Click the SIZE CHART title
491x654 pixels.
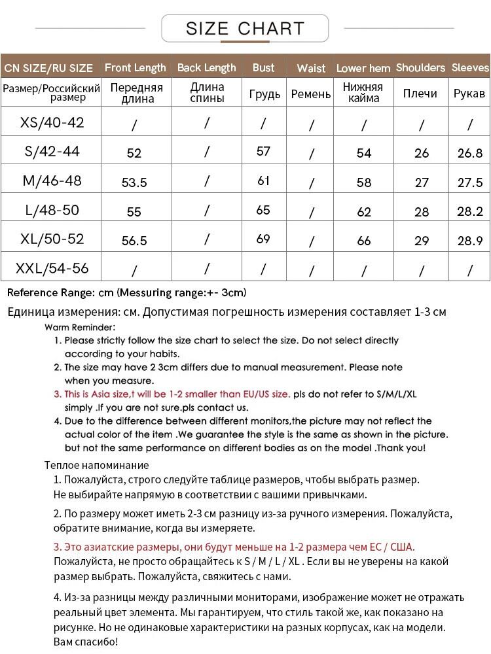pyautogui.click(x=245, y=29)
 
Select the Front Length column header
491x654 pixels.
pyautogui.click(x=136, y=67)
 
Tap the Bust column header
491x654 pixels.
pyautogui.click(x=263, y=67)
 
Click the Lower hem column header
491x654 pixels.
pyautogui.click(x=363, y=68)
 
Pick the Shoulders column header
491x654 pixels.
pyautogui.click(x=420, y=67)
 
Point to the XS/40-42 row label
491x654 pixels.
pyautogui.click(x=52, y=122)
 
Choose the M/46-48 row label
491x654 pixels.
pyautogui.click(x=52, y=181)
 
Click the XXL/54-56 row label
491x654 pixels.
pyautogui.click(x=52, y=268)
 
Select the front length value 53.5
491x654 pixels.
pyautogui.click(x=134, y=182)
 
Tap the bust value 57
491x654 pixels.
pyautogui.click(x=263, y=151)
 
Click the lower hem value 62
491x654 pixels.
pyautogui.click(x=364, y=211)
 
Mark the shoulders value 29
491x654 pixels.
pyautogui.click(x=422, y=240)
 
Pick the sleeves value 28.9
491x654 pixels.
pyautogui.click(x=470, y=240)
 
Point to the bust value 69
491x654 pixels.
pyautogui.click(x=263, y=239)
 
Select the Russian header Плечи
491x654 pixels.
pyautogui.click(x=420, y=94)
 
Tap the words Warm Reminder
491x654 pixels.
pyautogui.click(x=80, y=327)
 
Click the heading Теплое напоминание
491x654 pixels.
pyautogui.click(x=96, y=465)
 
